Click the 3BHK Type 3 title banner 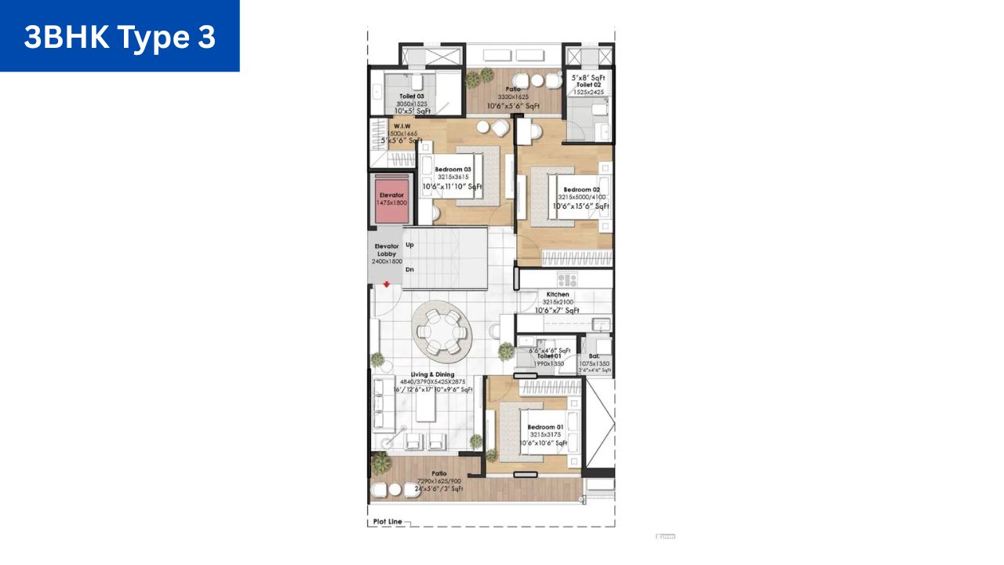click(x=119, y=36)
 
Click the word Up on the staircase click(x=409, y=245)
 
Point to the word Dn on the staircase click(x=409, y=270)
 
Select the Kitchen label click(x=558, y=294)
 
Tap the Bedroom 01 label click(x=545, y=427)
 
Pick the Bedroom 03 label click(x=453, y=169)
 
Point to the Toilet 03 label click(x=411, y=96)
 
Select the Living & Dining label click(x=432, y=374)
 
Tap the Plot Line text click(x=387, y=522)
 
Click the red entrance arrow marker click(x=387, y=285)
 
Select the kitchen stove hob click(x=566, y=279)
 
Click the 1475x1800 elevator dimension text click(x=392, y=202)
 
